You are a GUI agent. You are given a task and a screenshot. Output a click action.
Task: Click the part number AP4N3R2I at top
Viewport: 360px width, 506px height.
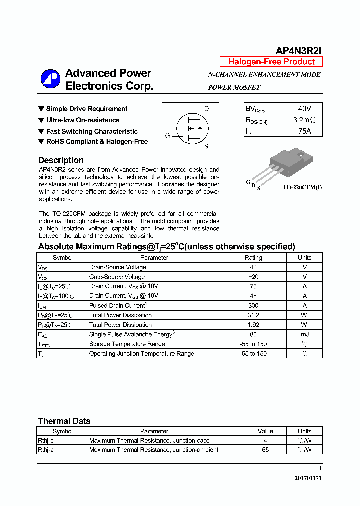[x=299, y=50]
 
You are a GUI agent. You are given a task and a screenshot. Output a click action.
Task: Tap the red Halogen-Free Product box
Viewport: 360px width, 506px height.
[x=271, y=62]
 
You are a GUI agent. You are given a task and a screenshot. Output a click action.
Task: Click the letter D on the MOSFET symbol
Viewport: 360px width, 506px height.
[x=206, y=109]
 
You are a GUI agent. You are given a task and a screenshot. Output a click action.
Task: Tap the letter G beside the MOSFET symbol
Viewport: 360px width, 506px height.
[x=168, y=135]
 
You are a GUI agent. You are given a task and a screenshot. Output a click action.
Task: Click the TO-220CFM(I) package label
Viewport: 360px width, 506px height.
[x=302, y=187]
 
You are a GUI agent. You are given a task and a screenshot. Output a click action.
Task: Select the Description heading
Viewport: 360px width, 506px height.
[x=61, y=160]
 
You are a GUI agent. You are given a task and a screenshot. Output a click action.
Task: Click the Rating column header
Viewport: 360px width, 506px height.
[x=253, y=258]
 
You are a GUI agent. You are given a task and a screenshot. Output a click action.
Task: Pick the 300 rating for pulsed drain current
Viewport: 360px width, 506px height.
[x=253, y=305]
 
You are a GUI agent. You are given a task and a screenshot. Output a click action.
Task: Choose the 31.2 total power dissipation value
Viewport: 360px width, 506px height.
[x=253, y=315]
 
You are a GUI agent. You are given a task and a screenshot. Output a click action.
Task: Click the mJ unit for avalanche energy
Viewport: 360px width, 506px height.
[x=304, y=334]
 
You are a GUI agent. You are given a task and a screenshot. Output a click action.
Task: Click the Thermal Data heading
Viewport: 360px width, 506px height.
[x=64, y=421]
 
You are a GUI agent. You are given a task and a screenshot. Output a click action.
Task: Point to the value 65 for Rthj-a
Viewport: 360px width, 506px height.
[x=265, y=450]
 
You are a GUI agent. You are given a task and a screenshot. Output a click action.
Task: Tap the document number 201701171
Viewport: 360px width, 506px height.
[x=308, y=478]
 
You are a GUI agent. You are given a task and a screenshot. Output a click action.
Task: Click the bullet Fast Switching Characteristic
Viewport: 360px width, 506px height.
[x=92, y=131]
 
